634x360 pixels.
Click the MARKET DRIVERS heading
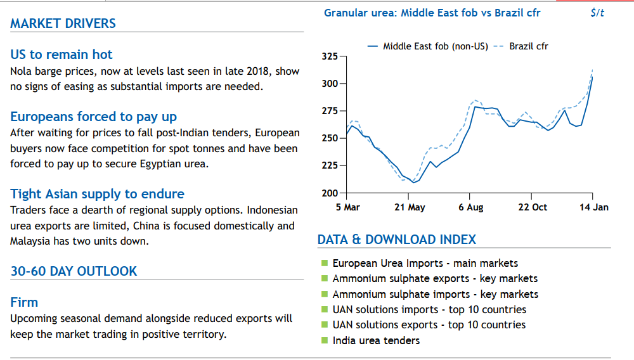tap(63, 23)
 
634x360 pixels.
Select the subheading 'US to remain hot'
tap(61, 55)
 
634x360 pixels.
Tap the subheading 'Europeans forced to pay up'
tap(93, 117)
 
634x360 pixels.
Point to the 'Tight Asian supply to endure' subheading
tap(98, 194)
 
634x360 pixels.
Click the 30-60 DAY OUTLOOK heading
tap(74, 271)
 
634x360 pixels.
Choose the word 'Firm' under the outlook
tap(24, 302)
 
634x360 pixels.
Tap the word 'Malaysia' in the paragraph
tap(30, 241)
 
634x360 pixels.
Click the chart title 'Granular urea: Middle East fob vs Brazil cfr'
tap(432, 13)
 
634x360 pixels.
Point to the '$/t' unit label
tap(597, 13)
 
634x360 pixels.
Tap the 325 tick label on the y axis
tap(330, 56)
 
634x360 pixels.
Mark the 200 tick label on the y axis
tap(330, 193)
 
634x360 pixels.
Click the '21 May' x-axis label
tap(410, 207)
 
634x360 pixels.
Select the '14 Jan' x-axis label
tap(594, 207)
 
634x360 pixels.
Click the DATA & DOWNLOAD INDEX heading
tap(397, 240)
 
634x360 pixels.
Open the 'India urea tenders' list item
tap(376, 340)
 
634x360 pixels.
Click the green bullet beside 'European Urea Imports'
tap(324, 264)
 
